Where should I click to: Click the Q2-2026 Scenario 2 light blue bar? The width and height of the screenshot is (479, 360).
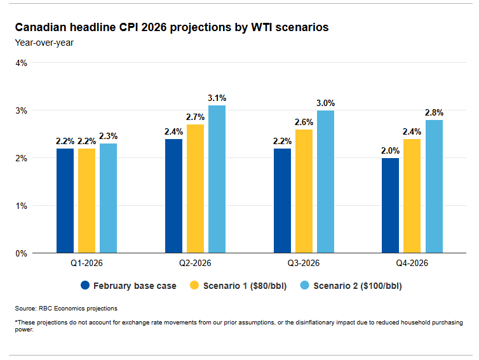point(217,179)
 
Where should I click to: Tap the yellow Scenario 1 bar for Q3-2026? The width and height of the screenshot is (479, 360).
point(304,191)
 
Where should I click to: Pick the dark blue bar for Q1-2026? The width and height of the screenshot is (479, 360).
point(65,201)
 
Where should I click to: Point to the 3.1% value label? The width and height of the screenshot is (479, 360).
point(217,98)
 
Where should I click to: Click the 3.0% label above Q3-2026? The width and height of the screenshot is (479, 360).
point(325,103)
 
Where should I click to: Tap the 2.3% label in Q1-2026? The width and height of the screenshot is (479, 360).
point(108,136)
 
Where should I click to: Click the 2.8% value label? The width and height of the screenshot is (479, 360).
point(434,112)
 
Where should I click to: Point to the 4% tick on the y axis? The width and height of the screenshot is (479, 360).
point(20,63)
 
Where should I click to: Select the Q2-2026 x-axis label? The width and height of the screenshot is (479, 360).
point(195,263)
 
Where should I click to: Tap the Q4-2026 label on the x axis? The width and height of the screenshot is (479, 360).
point(412,263)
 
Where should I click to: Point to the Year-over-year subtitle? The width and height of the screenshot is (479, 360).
point(39,43)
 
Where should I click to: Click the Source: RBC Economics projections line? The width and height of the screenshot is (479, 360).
point(66,309)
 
